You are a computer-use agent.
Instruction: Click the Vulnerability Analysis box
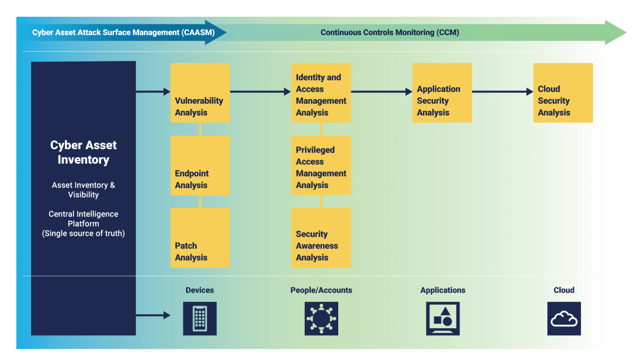tap(200, 93)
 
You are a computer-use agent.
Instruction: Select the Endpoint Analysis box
tap(200, 165)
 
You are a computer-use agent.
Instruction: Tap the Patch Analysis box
tap(200, 238)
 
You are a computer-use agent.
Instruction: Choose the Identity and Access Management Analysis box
tap(321, 93)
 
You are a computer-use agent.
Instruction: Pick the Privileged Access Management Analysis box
tap(321, 165)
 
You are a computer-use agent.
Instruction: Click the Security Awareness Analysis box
tap(321, 238)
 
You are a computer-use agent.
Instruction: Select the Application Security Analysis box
tap(442, 93)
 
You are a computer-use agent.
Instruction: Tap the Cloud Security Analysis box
tap(563, 93)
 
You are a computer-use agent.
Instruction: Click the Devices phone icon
tap(200, 318)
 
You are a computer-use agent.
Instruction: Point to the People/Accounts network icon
tap(321, 318)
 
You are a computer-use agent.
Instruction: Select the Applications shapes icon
tap(442, 318)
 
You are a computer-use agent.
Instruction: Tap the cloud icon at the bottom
tap(564, 318)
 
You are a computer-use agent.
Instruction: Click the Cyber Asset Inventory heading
tap(83, 153)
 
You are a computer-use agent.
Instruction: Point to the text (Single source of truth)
tap(83, 233)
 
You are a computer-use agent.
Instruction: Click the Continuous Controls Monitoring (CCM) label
tap(390, 33)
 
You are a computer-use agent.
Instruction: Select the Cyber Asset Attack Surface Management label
tap(123, 33)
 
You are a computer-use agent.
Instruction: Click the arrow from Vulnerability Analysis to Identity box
tap(260, 92)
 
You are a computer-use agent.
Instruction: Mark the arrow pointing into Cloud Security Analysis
tap(502, 92)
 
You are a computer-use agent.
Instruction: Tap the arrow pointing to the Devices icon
tap(153, 315)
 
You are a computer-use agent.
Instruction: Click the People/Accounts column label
tap(321, 290)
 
